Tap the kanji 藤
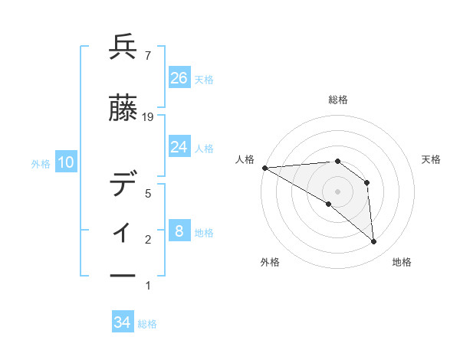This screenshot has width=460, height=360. (x=123, y=110)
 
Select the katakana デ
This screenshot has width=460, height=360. (x=123, y=185)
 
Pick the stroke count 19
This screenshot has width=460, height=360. (x=149, y=117)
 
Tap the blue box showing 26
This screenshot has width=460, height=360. (x=179, y=77)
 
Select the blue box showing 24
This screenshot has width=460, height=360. (x=179, y=146)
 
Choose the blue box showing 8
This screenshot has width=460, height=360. (x=179, y=231)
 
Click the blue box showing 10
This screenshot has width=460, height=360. (x=66, y=162)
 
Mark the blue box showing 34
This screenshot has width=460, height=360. (x=123, y=322)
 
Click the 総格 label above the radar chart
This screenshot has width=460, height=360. (x=337, y=100)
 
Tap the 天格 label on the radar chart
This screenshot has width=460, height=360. (x=432, y=159)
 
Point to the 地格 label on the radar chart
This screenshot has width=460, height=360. (x=402, y=263)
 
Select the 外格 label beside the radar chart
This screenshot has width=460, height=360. (x=270, y=263)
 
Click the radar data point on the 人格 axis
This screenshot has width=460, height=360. (x=264, y=167)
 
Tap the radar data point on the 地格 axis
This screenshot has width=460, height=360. (x=373, y=242)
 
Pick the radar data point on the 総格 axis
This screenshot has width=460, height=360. (x=337, y=161)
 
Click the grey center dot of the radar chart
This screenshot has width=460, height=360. (x=337, y=191)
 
